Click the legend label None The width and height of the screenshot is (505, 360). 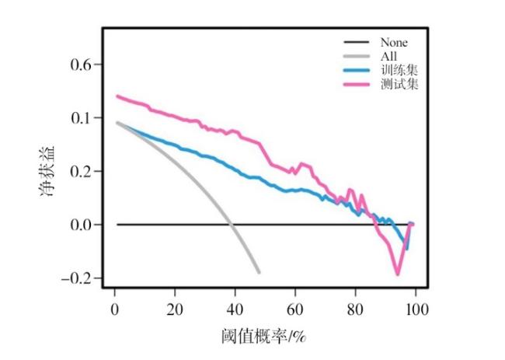pyautogui.click(x=393, y=43)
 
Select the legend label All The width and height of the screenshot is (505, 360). pyautogui.click(x=388, y=56)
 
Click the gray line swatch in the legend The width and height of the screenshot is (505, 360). pyautogui.click(x=357, y=56)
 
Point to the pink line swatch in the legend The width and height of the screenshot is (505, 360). pyautogui.click(x=357, y=84)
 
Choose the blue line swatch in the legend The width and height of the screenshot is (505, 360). pyautogui.click(x=357, y=70)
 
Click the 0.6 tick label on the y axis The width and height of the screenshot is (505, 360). pyautogui.click(x=81, y=65)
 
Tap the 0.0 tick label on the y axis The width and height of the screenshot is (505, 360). pyautogui.click(x=81, y=225)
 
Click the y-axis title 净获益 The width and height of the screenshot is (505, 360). pyautogui.click(x=48, y=171)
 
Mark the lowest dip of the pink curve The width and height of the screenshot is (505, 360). pyautogui.click(x=398, y=274)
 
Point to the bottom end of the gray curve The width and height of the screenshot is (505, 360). pyautogui.click(x=259, y=272)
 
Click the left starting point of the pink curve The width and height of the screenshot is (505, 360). pyautogui.click(x=117, y=96)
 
